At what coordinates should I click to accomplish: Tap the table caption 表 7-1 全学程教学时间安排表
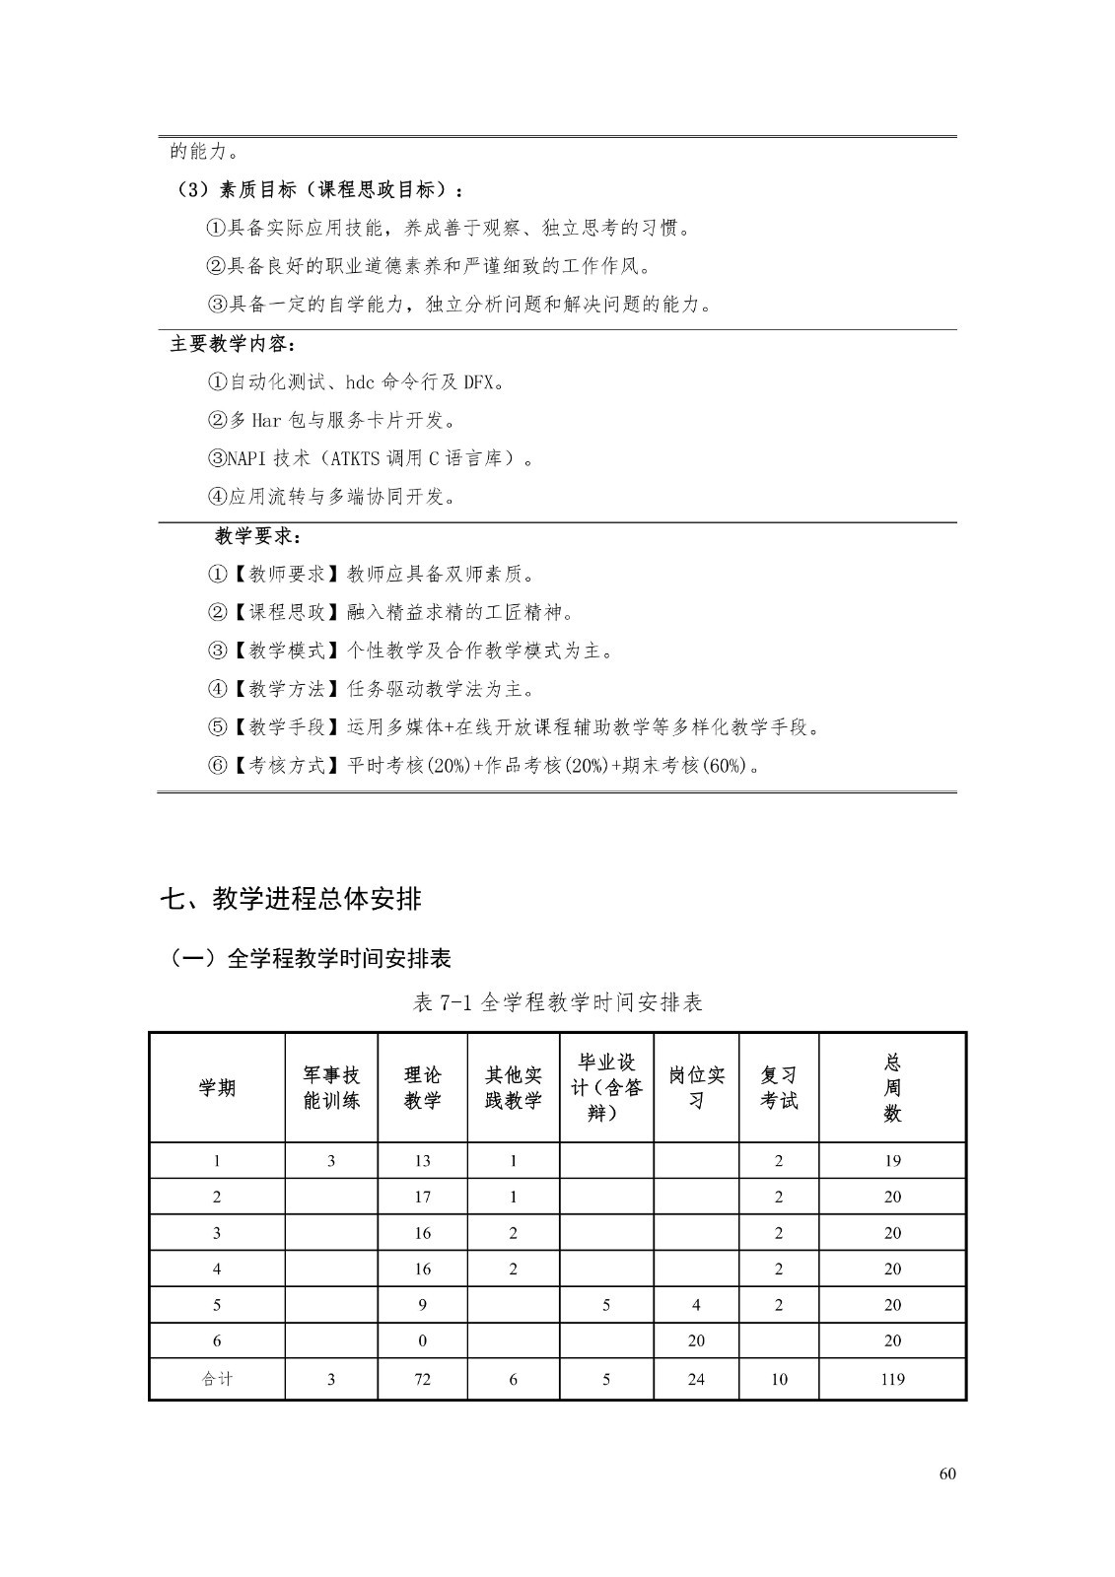[x=557, y=1002]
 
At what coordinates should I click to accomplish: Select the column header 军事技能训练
[x=331, y=1088]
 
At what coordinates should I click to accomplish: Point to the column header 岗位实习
[x=696, y=1088]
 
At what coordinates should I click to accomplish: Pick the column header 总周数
[x=892, y=1088]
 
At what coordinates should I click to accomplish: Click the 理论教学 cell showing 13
[x=422, y=1161]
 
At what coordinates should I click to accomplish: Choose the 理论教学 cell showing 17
[x=422, y=1198]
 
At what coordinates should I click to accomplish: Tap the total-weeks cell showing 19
[x=892, y=1161]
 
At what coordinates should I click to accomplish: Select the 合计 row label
[x=217, y=1380]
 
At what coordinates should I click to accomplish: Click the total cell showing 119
[x=892, y=1380]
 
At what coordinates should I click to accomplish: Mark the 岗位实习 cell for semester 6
[x=696, y=1340]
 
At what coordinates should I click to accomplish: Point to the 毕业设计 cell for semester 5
[x=605, y=1305]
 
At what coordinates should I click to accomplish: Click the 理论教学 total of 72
[x=422, y=1380]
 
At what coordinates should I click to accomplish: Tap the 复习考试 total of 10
[x=779, y=1380]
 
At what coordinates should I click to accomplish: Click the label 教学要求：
[x=259, y=537]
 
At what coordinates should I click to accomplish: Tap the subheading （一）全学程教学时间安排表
[x=310, y=958]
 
